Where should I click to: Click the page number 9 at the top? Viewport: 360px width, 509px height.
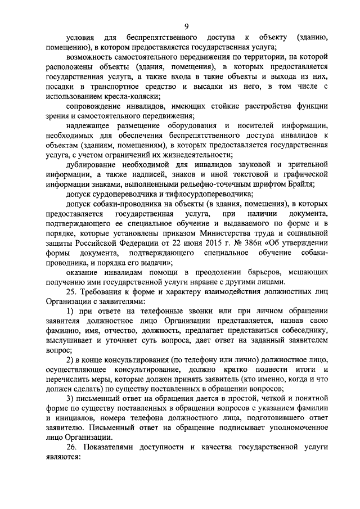click(186, 25)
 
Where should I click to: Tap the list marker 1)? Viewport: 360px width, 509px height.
click(71, 311)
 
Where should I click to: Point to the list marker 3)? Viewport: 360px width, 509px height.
click(71, 398)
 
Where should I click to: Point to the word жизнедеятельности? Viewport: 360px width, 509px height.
click(192, 154)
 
